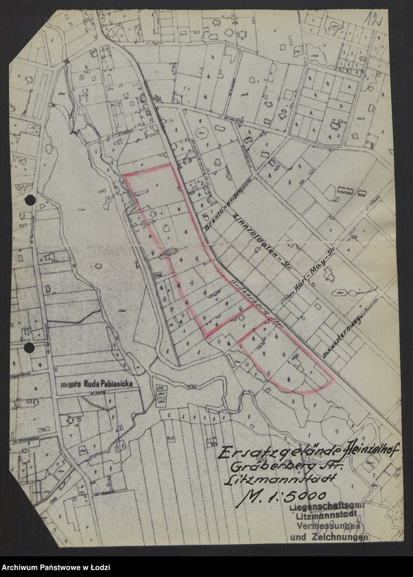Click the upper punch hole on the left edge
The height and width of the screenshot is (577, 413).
point(29,200)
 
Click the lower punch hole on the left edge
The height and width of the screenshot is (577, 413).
point(29,348)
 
